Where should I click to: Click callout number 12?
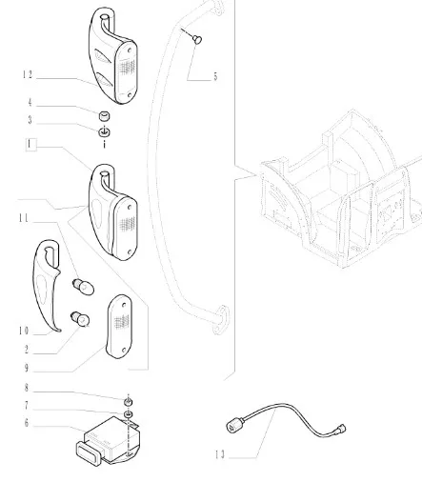click(x=28, y=75)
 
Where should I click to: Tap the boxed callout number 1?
click(x=30, y=145)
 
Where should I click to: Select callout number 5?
click(x=215, y=76)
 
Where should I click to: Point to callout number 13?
click(x=220, y=454)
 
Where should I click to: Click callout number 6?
click(x=27, y=423)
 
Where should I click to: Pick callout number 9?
click(x=27, y=368)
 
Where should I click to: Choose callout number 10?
click(x=24, y=331)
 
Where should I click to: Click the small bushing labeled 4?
click(x=105, y=116)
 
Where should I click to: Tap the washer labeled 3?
click(x=104, y=131)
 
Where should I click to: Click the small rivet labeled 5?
click(x=197, y=39)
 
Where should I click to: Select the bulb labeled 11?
click(x=84, y=287)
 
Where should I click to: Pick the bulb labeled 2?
click(x=80, y=319)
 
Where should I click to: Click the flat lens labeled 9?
click(x=119, y=326)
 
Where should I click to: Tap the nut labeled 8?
click(x=128, y=402)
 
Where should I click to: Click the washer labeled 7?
click(x=129, y=414)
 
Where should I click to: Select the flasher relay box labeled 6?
click(x=108, y=442)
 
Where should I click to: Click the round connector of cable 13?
click(x=234, y=426)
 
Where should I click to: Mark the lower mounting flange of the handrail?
click(x=220, y=320)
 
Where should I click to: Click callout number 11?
click(x=24, y=218)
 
